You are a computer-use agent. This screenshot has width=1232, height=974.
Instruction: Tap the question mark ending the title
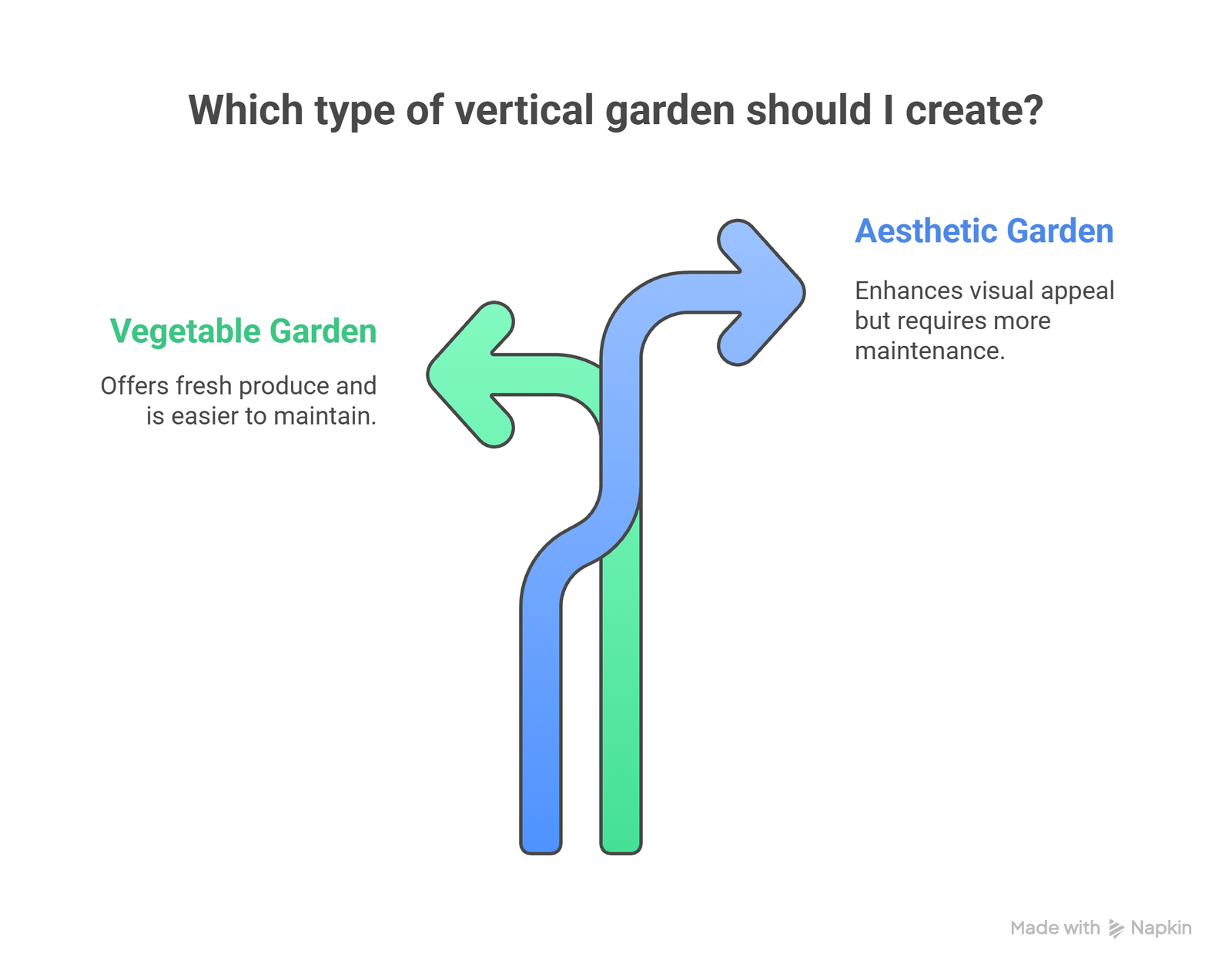pyautogui.click(x=1033, y=110)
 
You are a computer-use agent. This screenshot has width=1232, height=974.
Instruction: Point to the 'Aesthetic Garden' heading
pyautogui.click(x=984, y=231)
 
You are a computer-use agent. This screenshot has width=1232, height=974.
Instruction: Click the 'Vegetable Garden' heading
pyautogui.click(x=243, y=331)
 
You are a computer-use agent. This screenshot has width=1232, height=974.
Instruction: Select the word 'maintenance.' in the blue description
pyautogui.click(x=929, y=351)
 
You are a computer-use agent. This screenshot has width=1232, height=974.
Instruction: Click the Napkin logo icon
pyautogui.click(x=1116, y=929)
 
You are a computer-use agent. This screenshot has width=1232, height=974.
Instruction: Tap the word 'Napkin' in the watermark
pyautogui.click(x=1161, y=929)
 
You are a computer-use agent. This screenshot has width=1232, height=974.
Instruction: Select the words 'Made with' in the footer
pyautogui.click(x=1055, y=929)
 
